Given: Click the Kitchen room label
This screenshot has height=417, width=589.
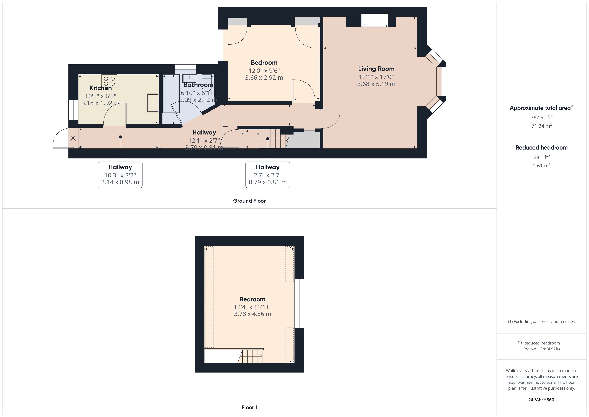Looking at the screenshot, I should click(x=100, y=88).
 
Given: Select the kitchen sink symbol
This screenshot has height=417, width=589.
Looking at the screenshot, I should click(x=153, y=103).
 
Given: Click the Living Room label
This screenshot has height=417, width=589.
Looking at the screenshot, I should click(x=376, y=69).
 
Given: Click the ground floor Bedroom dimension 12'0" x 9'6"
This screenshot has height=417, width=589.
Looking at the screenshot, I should click(x=264, y=71).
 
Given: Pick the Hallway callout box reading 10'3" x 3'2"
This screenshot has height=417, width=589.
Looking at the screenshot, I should click(x=120, y=175).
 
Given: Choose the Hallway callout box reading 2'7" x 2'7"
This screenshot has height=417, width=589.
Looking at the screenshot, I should click(x=268, y=175).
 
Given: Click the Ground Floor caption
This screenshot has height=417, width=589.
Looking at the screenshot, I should click(x=249, y=201).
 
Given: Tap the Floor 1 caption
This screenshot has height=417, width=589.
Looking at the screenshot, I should click(x=249, y=407).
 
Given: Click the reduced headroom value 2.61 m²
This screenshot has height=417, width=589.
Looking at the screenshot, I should click(x=541, y=166).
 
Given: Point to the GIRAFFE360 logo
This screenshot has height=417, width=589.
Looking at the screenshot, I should click(x=541, y=399).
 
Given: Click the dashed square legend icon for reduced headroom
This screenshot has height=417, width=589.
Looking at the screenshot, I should click(x=520, y=343).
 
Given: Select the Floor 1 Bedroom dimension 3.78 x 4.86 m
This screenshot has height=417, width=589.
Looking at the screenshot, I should click(x=252, y=314).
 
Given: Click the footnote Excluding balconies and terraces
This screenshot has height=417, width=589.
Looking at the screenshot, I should click(x=541, y=321).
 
